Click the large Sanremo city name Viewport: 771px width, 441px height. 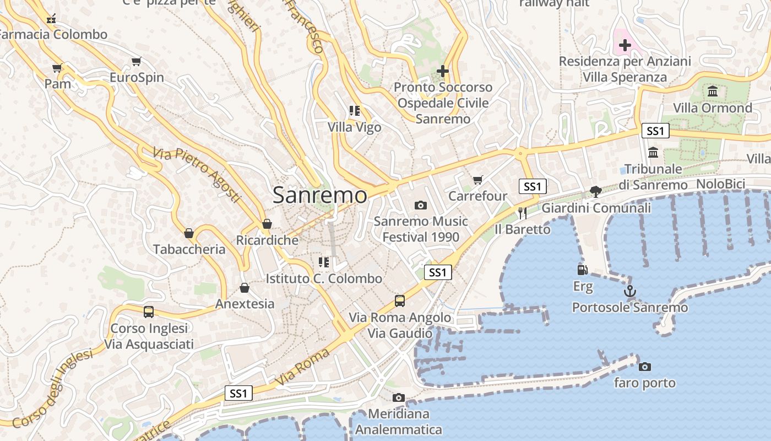coord(319,195)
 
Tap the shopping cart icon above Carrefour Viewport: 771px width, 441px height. coord(477,180)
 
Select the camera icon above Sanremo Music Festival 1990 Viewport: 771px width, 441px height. coord(421,206)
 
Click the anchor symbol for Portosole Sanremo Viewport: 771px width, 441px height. coord(629,291)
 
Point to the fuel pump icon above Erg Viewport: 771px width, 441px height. coord(582,270)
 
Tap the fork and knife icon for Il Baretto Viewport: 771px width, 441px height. coord(522,213)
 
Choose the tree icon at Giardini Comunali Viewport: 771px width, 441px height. coord(595,192)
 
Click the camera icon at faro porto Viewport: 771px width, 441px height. coord(644,367)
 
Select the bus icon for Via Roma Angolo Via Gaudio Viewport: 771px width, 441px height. coord(400,301)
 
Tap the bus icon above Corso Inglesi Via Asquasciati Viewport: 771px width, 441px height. coord(149,311)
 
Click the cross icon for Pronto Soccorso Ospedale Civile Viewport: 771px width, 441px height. coord(443,71)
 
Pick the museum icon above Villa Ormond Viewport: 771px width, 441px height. coord(713,91)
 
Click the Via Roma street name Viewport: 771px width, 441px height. coord(302,367)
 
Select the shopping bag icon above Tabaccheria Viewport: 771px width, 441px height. coord(189,233)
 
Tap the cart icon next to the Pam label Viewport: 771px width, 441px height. coord(57,68)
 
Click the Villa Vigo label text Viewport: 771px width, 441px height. coord(354,127)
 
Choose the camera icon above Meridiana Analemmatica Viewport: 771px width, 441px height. coord(398,397)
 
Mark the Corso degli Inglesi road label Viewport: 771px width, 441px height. coord(52,389)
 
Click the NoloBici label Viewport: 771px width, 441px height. coord(720,184)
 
